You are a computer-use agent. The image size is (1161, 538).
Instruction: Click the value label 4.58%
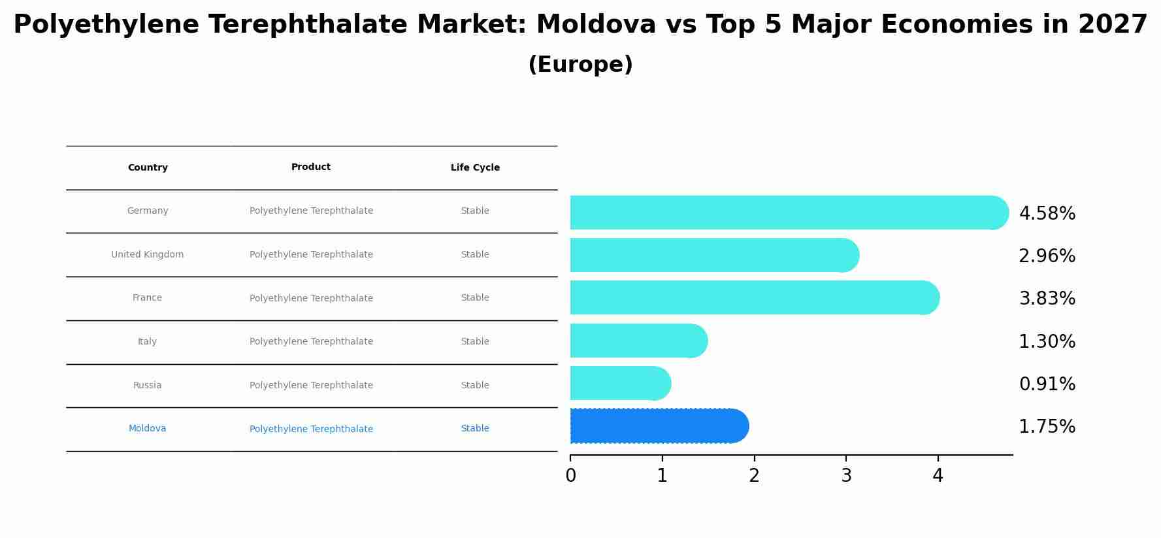1047,214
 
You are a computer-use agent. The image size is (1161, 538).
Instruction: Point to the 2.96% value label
1047,256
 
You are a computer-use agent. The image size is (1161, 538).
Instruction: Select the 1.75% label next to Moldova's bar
1047,427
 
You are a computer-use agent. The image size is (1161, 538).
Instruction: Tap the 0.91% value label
1047,384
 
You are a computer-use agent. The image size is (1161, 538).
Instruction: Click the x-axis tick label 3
846,476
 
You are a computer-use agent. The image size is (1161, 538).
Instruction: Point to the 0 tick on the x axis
570,476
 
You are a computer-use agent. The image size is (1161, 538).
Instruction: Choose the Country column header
148,168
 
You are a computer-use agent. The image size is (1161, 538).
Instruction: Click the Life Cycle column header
475,168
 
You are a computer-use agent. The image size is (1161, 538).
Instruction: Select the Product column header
311,167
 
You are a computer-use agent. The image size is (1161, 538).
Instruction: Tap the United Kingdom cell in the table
148,255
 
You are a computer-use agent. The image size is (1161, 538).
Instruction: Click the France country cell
148,298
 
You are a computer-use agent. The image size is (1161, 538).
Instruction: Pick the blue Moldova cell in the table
148,429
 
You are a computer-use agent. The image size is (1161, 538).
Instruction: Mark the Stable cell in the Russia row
475,386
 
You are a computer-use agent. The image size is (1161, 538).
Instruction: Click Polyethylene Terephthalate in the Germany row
311,211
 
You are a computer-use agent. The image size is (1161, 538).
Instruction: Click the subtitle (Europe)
580,65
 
